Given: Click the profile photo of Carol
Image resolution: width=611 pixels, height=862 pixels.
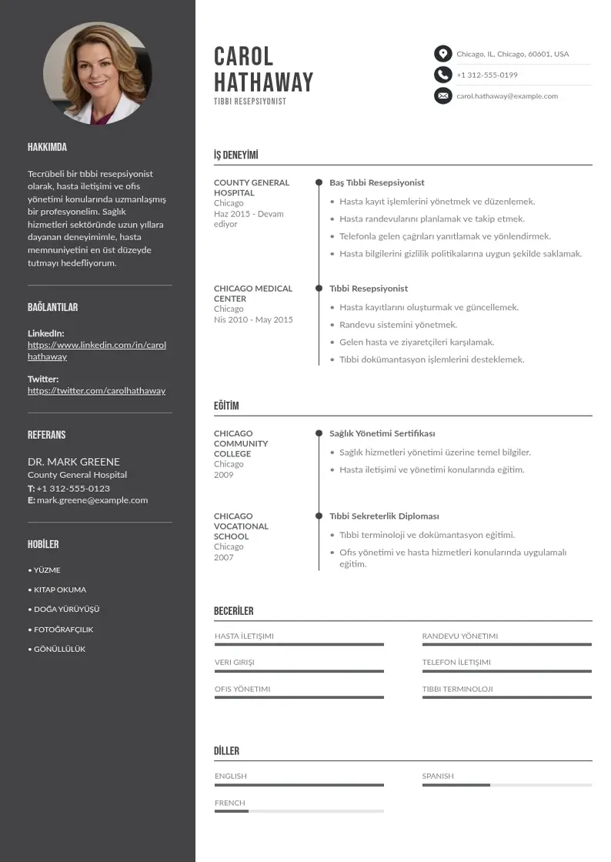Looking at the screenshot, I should (x=98, y=73).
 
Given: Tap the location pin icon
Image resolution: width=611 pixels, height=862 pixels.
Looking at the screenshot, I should (x=442, y=54).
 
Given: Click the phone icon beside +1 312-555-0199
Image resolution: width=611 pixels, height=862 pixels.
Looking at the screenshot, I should (x=442, y=75).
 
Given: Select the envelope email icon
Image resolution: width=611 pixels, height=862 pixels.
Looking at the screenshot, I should (x=442, y=96).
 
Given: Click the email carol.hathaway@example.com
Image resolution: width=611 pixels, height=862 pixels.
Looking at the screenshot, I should (x=507, y=96).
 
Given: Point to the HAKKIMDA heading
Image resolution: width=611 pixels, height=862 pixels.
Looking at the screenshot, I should (x=47, y=147).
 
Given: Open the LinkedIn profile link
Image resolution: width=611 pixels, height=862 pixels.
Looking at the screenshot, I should (x=97, y=351).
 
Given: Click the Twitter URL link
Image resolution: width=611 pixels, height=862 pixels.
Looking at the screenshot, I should (x=96, y=391).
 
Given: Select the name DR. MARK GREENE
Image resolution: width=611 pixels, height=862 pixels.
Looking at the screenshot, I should (x=74, y=462).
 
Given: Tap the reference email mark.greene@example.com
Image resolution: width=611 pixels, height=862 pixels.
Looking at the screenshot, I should (x=92, y=500).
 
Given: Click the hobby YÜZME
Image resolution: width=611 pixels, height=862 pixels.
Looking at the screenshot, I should (x=46, y=570).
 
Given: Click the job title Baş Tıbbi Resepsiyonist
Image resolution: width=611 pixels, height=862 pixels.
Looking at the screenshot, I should (x=377, y=183).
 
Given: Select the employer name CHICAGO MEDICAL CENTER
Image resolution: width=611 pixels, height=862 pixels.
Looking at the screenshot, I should (x=253, y=293).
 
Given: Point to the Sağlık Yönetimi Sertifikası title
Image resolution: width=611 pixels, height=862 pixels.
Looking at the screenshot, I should (x=382, y=434).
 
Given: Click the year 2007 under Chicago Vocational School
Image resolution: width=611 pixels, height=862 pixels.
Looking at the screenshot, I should (x=223, y=557).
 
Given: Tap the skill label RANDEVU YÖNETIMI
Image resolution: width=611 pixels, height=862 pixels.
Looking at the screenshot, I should (x=460, y=636).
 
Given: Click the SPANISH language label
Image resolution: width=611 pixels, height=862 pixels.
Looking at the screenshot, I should (x=438, y=777).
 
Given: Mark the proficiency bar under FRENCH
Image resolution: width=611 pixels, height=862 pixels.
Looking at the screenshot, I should (x=299, y=811).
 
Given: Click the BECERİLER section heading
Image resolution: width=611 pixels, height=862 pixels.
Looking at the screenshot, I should (x=233, y=611).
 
